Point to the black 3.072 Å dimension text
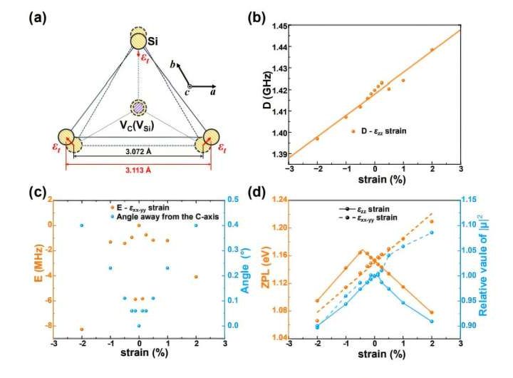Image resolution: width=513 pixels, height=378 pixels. click(140, 151)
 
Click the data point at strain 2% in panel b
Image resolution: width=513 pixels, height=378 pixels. click(432, 49)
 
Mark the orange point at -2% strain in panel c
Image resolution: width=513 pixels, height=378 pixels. click(82, 329)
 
